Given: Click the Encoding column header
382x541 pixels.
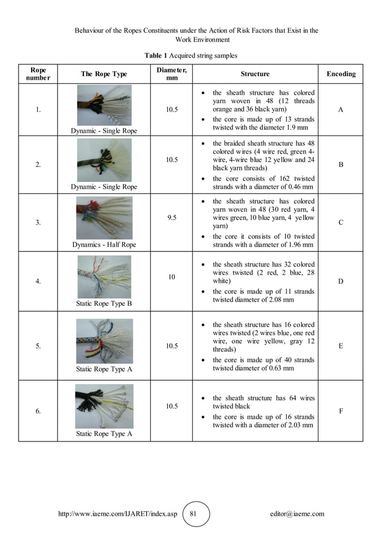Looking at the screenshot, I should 341,74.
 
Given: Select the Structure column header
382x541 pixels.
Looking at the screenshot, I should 255,74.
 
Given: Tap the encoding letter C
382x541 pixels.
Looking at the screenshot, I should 341,223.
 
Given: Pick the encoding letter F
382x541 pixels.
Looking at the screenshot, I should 341,411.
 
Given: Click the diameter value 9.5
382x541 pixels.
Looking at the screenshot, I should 171,218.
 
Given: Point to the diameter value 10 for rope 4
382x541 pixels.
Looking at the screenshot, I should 171,277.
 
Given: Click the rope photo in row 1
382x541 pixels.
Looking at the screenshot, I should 104,105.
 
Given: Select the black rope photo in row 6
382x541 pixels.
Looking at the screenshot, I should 104,407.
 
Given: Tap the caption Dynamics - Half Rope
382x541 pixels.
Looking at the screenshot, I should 104,245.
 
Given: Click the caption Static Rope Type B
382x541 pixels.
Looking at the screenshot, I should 104,303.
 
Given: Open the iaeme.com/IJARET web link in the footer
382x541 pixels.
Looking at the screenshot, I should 117,514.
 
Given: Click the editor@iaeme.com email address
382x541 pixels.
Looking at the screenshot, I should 297,514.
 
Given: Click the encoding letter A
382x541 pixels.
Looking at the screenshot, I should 341,110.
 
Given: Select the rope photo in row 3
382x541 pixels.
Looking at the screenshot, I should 104,218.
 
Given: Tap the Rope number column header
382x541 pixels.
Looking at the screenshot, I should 38,74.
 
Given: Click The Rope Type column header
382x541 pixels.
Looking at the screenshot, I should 104,74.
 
